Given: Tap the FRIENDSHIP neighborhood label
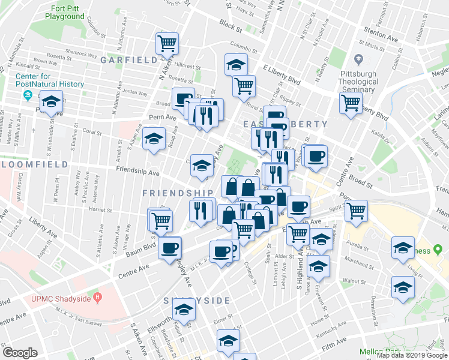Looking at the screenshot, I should [178, 193].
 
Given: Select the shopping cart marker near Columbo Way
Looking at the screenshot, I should [167, 43].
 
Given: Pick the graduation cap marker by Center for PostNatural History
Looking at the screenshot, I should [52, 103].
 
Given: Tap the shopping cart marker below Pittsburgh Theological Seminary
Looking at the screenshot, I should [351, 103].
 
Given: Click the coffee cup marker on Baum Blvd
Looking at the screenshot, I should [169, 248].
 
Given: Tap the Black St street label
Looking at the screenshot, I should [230, 26].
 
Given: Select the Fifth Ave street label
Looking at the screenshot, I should [333, 341].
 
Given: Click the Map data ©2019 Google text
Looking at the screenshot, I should [411, 355].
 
